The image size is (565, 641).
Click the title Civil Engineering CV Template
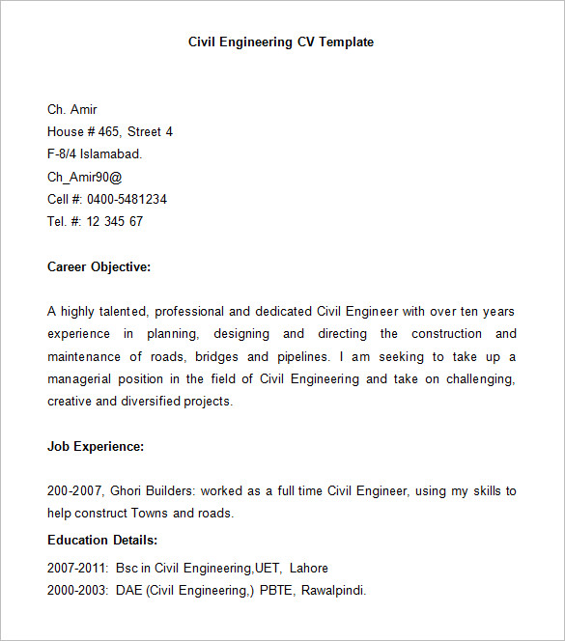[281, 42]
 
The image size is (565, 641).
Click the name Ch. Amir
[72, 110]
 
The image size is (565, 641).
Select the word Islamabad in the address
[112, 154]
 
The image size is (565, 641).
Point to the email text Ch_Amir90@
[85, 177]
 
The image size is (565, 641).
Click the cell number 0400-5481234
[127, 200]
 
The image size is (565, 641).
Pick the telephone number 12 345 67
[114, 222]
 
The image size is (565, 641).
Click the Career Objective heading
[99, 267]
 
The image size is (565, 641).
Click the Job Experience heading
[96, 447]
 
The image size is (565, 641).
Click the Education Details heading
[102, 541]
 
